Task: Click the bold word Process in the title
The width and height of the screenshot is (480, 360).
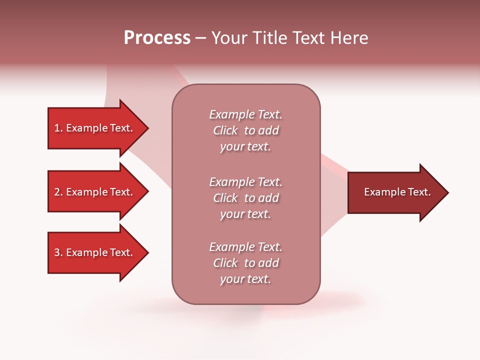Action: pos(157,38)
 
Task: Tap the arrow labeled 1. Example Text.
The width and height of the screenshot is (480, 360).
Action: pos(95,128)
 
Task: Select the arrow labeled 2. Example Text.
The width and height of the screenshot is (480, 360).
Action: pos(95,192)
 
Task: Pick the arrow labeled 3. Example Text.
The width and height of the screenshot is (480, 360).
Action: pos(95,252)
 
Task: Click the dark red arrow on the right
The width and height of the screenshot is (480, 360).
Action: pos(395,192)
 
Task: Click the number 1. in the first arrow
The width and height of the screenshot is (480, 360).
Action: pos(58,128)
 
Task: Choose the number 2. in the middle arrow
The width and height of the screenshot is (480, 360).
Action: pos(58,192)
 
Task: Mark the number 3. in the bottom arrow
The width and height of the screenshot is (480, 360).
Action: pos(58,252)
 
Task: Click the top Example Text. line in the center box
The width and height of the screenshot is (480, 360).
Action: pos(245,114)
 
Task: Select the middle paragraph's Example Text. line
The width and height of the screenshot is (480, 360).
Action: pos(245,182)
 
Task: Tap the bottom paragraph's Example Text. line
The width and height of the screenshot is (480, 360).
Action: pos(245,247)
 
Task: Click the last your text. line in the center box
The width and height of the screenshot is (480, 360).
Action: pos(245,279)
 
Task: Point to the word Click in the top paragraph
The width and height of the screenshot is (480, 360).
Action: pos(225,130)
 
